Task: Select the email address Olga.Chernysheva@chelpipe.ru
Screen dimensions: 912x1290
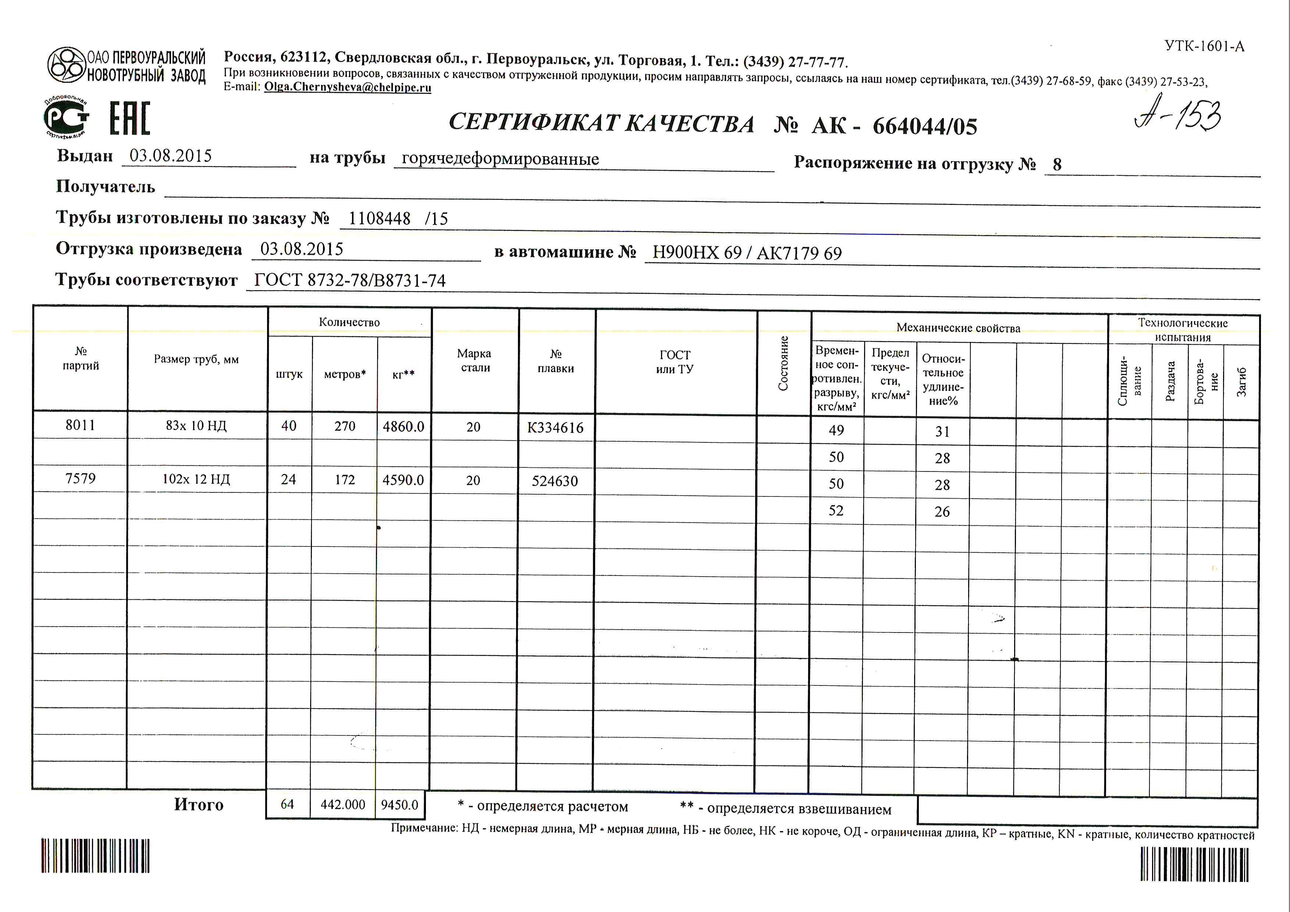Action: [347, 87]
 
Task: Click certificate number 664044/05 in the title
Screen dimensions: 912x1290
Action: [925, 127]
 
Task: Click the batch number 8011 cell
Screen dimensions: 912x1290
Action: [80, 425]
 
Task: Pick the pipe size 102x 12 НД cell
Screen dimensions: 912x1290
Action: [196, 479]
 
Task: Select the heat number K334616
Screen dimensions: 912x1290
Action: [555, 428]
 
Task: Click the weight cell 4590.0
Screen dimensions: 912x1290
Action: [403, 480]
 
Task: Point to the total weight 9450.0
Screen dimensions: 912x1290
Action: [399, 805]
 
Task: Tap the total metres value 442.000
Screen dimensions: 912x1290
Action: [343, 805]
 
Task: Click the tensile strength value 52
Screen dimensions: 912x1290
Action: [836, 510]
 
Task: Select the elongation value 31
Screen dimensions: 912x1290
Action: [942, 431]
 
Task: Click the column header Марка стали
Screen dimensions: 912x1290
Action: [474, 360]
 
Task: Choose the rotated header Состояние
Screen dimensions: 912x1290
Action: [783, 363]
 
